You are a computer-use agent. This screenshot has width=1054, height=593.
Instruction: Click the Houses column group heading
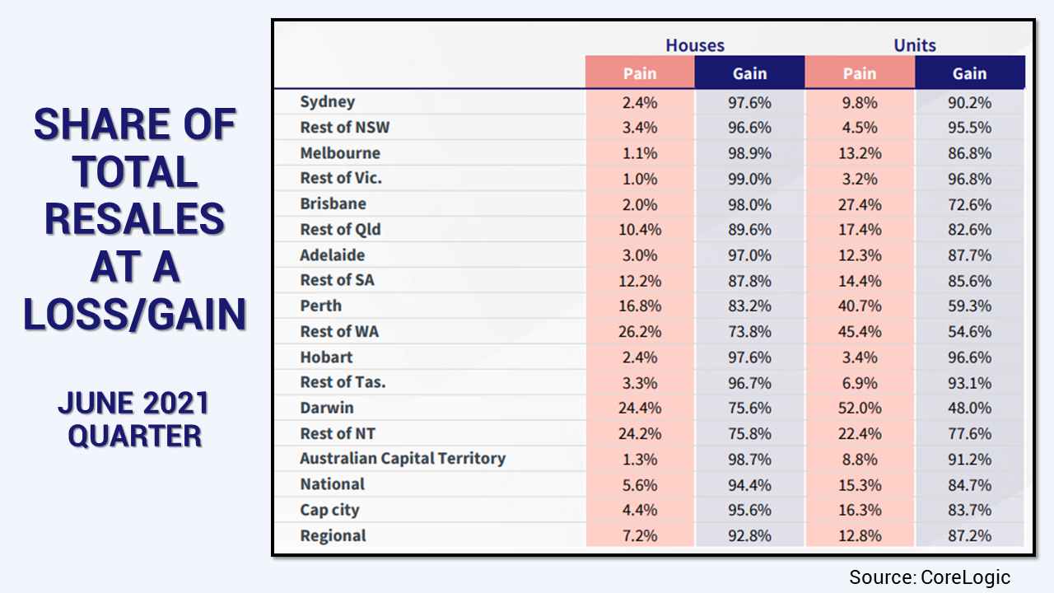(695, 45)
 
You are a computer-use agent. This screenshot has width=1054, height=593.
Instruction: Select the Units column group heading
(915, 45)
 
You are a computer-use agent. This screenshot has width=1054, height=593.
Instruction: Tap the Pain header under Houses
(640, 73)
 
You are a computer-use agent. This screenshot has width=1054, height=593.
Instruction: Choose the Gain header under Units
(969, 73)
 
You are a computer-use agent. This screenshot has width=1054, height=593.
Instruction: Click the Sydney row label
(328, 102)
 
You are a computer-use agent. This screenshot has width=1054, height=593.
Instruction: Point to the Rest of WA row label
(339, 332)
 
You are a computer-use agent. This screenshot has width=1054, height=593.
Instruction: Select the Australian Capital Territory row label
(403, 459)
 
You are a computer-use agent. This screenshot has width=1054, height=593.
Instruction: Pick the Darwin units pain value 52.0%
(860, 409)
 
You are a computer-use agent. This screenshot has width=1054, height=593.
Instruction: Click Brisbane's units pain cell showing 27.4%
(860, 204)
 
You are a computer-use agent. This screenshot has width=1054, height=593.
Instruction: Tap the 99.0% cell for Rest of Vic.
(750, 179)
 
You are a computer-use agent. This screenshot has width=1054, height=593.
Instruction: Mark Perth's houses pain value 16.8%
(640, 306)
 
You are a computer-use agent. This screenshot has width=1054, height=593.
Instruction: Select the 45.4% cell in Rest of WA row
(860, 332)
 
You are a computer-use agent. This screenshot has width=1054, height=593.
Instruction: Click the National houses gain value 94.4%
(750, 485)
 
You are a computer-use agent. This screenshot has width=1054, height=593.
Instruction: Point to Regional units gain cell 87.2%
(969, 536)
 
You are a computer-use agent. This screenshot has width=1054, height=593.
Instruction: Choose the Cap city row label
(329, 510)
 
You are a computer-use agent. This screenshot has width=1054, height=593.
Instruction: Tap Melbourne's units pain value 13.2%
(860, 153)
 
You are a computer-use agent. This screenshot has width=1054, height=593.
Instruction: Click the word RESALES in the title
(135, 220)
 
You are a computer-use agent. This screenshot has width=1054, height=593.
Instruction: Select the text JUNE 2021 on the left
(133, 404)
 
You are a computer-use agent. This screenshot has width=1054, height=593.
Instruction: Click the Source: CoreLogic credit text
(930, 577)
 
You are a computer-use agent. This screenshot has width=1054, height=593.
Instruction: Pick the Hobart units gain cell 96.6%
(969, 357)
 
